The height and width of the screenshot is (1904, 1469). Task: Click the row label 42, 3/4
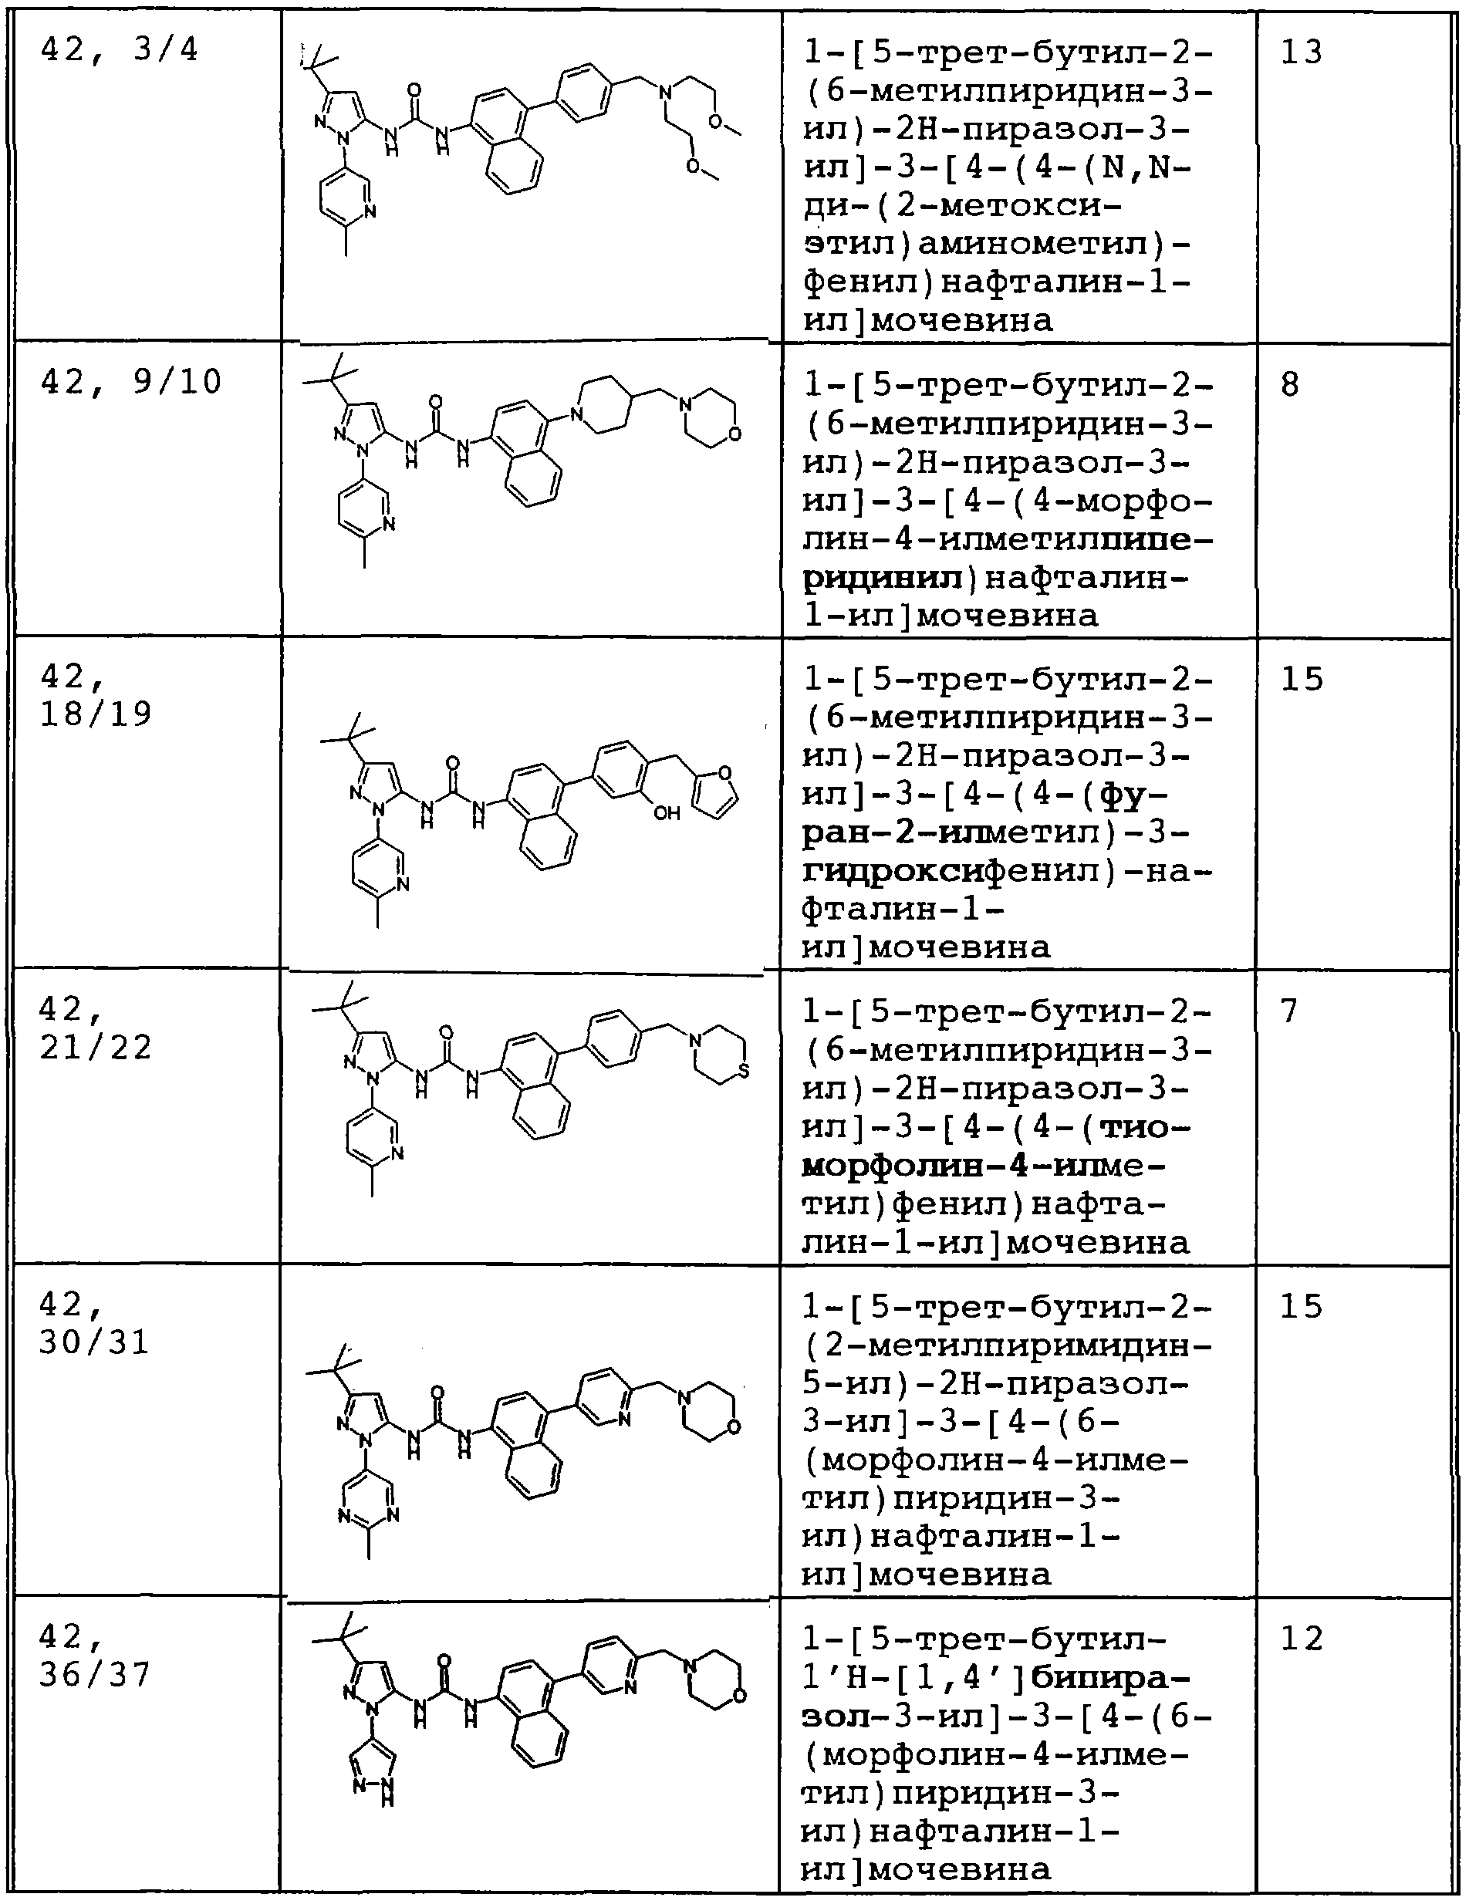[x=120, y=51]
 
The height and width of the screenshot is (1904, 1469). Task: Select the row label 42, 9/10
[x=130, y=382]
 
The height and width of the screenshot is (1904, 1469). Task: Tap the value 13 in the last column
[x=1302, y=52]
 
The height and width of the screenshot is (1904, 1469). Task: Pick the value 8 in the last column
[x=1290, y=383]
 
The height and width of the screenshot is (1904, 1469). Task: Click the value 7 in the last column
[x=1290, y=1011]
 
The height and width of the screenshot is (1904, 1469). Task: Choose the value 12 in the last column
[x=1302, y=1639]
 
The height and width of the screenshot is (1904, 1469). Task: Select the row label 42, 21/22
[x=96, y=1028]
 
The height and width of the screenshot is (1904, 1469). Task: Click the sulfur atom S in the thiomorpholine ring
[x=743, y=1068]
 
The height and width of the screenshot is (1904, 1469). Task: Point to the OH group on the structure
[x=667, y=812]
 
